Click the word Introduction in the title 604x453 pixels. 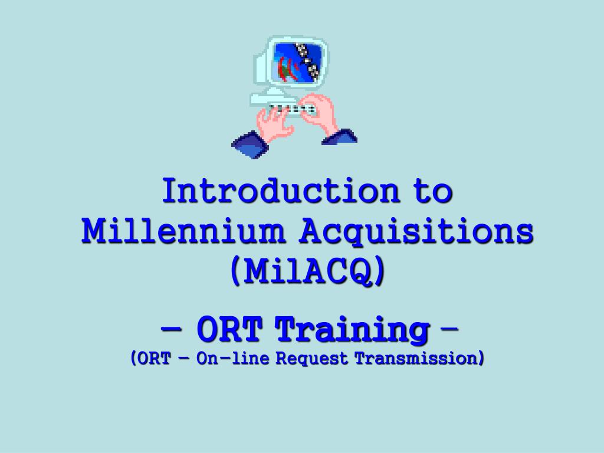coord(281,191)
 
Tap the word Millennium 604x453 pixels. coord(183,231)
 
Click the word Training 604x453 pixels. coord(352,330)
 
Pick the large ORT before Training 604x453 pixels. coord(229,329)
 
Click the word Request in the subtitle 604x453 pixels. coord(311,359)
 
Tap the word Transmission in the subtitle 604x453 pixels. coord(419,358)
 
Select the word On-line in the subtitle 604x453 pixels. coord(232,358)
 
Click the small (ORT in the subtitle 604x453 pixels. coord(150,358)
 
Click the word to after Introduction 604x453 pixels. coord(433,191)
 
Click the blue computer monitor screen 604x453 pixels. coord(297,61)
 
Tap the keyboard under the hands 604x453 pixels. coord(292,109)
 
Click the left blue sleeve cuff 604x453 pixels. coord(250,144)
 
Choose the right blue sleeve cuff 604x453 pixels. coord(340,136)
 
